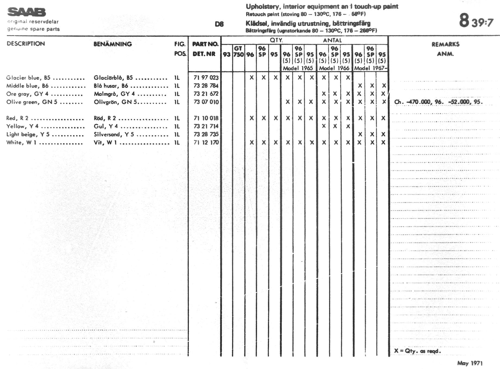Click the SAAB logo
tap(27, 12)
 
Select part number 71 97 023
tap(206, 78)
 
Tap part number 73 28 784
tap(206, 86)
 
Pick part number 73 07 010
tap(206, 102)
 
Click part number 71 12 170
tap(206, 142)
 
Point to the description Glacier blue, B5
tap(28, 78)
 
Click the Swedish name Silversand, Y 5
tap(114, 135)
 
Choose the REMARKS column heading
tap(445, 44)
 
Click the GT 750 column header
tap(238, 52)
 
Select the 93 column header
tap(226, 55)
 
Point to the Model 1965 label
tap(298, 68)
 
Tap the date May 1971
tap(470, 363)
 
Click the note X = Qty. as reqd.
tap(417, 351)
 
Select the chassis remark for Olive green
tap(438, 102)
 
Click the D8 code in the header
tap(219, 24)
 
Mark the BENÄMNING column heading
tap(112, 44)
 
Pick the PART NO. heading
tap(205, 44)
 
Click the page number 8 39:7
tap(476, 21)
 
